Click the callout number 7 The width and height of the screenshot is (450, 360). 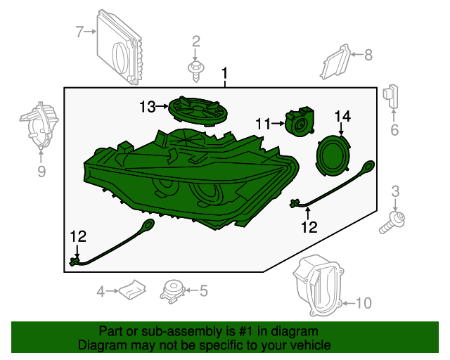click(79, 32)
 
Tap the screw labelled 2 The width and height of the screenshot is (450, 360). click(196, 70)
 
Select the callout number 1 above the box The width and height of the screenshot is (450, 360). click(225, 74)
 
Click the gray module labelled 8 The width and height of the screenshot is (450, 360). click(335, 62)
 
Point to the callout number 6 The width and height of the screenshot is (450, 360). click(394, 130)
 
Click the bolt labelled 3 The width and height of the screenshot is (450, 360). click(392, 222)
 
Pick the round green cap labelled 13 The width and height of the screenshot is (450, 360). click(198, 110)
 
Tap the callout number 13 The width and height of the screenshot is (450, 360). click(148, 107)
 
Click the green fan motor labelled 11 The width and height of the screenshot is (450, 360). click(300, 122)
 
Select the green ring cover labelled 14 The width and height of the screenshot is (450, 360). click(333, 155)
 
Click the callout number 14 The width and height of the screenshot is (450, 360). click(342, 116)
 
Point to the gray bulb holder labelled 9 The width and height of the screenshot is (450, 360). click(39, 125)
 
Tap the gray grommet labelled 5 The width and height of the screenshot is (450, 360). click(172, 291)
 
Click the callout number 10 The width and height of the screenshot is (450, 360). click(364, 303)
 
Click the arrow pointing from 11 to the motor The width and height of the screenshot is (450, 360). click(278, 124)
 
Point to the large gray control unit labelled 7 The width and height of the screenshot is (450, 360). click(119, 47)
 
